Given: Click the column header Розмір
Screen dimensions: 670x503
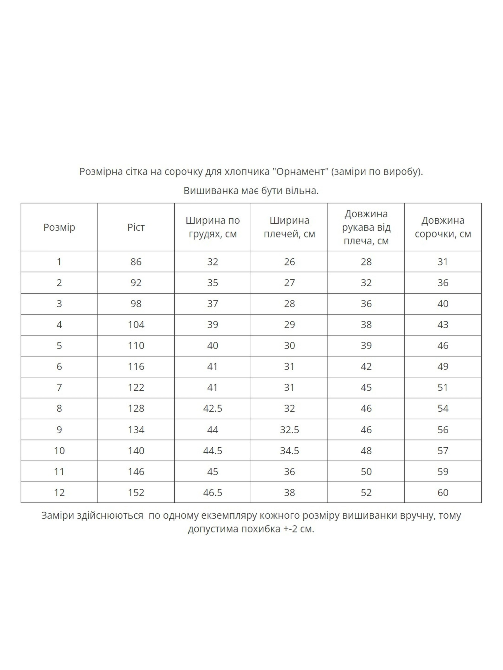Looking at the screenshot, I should click(x=59, y=227).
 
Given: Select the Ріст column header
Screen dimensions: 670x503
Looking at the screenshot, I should click(x=136, y=227).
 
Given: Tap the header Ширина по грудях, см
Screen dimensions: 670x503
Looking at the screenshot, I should click(x=213, y=227).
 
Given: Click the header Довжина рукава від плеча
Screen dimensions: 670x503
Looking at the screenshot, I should click(x=366, y=227).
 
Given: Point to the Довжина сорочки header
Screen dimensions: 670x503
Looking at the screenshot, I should click(x=443, y=227).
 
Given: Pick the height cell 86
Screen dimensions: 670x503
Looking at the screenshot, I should click(x=136, y=262).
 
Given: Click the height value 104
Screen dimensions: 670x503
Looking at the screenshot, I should click(x=136, y=324).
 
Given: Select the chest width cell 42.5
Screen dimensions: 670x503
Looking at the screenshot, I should click(x=213, y=408).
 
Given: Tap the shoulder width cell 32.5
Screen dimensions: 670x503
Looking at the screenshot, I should click(x=289, y=430).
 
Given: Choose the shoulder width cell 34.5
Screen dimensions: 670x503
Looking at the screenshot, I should click(x=289, y=450).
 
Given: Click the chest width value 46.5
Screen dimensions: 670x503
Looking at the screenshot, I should click(x=213, y=493).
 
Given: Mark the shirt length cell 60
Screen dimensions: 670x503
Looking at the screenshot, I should click(x=443, y=493).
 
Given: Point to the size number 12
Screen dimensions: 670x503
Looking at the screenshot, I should click(x=59, y=493).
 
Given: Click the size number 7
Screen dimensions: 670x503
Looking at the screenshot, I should click(x=59, y=387).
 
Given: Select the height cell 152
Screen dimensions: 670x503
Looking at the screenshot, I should click(x=136, y=493).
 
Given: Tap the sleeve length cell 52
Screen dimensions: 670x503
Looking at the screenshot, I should click(x=366, y=493).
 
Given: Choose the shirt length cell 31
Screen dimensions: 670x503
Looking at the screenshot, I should click(x=443, y=262).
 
